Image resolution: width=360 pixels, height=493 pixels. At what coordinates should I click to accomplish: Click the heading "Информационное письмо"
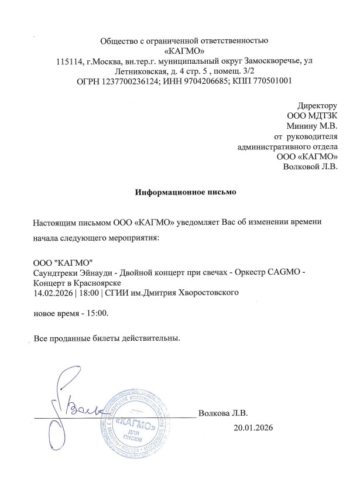click(180, 192)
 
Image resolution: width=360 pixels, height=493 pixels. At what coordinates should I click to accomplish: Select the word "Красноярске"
click(88, 282)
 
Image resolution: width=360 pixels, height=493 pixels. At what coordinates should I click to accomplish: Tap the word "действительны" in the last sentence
click(149, 338)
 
